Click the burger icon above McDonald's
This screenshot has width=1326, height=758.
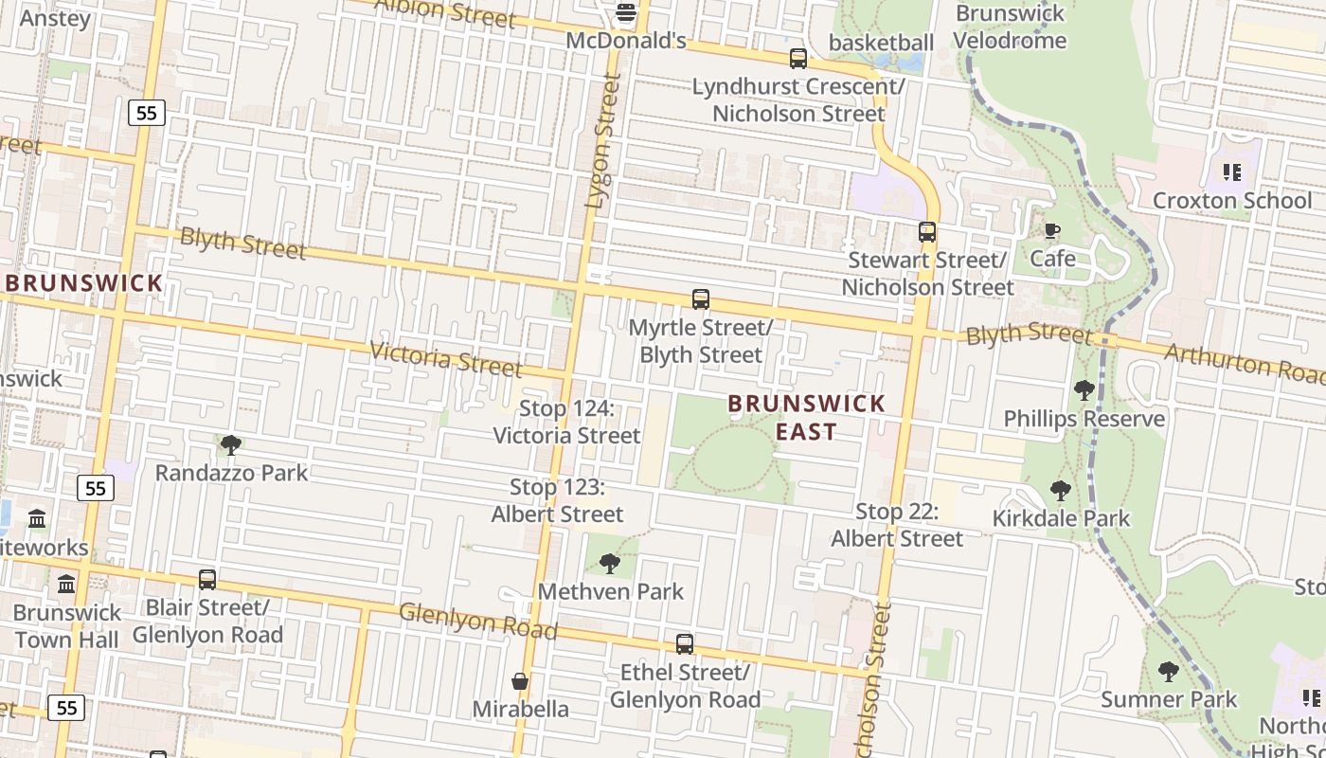coord(625,13)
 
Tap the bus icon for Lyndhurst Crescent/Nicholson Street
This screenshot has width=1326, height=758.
coord(798,59)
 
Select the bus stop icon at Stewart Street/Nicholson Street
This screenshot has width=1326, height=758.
coord(927,232)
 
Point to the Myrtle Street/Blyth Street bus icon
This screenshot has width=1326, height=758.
coord(701,299)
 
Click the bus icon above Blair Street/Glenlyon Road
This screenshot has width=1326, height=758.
coord(207,579)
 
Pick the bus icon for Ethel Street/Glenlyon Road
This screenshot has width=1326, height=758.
coord(685,644)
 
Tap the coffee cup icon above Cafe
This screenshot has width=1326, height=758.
coord(1052,230)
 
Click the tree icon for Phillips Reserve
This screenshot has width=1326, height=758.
coord(1084,390)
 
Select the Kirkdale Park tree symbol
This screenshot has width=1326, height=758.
coord(1061,491)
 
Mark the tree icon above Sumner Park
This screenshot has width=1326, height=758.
coord(1169,672)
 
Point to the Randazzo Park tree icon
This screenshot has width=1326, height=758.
coord(231,444)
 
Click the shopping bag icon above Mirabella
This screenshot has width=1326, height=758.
coord(520,681)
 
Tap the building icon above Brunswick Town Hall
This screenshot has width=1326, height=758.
coord(66,584)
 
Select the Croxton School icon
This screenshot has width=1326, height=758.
coord(1231,172)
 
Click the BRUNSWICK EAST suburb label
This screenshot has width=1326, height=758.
coord(806,417)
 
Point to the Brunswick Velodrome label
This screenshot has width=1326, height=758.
coord(1010,27)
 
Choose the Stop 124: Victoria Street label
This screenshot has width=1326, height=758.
coord(566,423)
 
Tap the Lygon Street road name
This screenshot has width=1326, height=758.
coord(602,142)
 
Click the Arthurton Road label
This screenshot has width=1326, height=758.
coord(1244,363)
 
